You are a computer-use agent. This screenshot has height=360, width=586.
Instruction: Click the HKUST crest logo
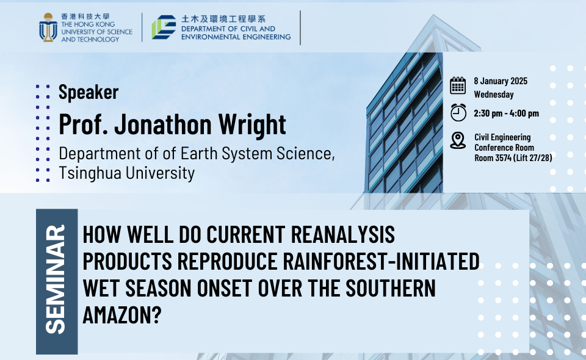[x=48, y=27]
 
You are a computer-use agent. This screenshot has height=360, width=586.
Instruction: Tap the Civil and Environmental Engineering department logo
[x=164, y=27]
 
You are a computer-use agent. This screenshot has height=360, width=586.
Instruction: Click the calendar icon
[x=458, y=85]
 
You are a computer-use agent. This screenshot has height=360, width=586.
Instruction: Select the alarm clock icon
[x=458, y=112]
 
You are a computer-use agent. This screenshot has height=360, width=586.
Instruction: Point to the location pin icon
[x=458, y=140]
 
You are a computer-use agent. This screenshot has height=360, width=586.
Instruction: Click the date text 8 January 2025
[x=501, y=81]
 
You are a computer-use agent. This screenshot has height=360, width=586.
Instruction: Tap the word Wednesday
[x=494, y=95]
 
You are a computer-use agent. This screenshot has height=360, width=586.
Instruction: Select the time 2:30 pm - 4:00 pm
[x=507, y=113]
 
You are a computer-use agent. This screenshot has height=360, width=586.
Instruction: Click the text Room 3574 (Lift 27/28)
[x=513, y=158]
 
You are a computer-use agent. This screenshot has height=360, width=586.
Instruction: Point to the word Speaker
[x=89, y=92]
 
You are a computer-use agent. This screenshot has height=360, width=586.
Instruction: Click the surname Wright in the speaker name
[x=252, y=124]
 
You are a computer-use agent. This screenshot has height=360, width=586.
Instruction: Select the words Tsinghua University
[x=127, y=173]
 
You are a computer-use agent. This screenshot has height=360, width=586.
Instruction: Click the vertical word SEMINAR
[x=56, y=279]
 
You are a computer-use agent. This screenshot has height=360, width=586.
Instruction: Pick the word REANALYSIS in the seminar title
[x=342, y=234]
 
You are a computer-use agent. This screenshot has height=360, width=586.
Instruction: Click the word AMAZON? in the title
[x=122, y=315]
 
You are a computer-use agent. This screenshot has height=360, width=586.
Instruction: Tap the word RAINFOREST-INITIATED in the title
[x=381, y=261]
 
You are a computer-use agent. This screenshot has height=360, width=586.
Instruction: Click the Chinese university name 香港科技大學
[x=85, y=16]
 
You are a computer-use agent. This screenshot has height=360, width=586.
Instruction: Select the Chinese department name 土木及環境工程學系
[x=223, y=19]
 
